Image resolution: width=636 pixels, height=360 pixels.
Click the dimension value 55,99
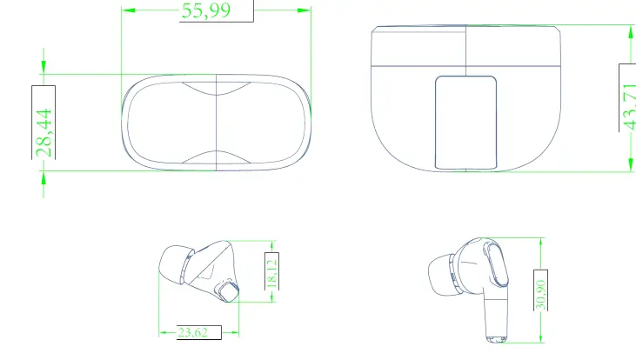pyautogui.click(x=206, y=10)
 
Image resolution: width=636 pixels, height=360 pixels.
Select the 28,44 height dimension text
pyautogui.click(x=44, y=132)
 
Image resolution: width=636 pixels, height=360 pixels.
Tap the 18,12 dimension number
pyautogui.click(x=271, y=272)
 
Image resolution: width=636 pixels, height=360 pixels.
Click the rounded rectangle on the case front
pyautogui.click(x=466, y=122)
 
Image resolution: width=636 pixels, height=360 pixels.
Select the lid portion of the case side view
pyautogui.click(x=465, y=49)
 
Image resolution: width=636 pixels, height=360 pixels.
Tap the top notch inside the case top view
pyautogui.click(x=215, y=86)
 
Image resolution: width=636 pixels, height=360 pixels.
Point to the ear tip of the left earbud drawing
pyautogui.click(x=174, y=265)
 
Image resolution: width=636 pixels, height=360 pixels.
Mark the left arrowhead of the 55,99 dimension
pyautogui.click(x=127, y=10)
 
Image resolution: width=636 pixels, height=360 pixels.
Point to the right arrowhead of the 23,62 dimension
pyautogui.click(x=234, y=331)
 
